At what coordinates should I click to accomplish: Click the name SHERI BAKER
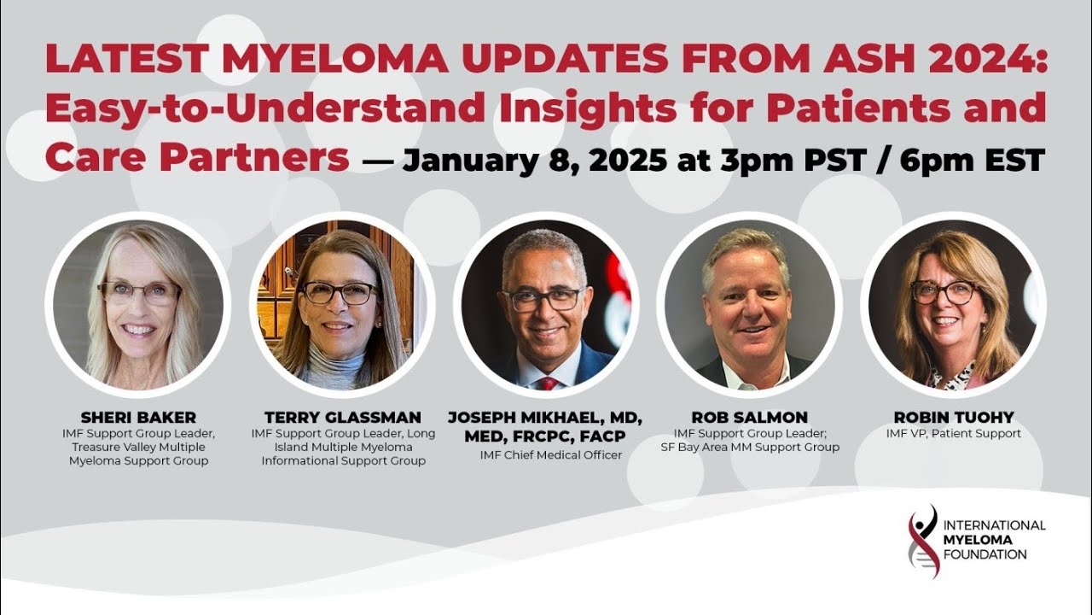coord(138,418)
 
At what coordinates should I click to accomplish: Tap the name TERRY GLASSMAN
coord(343,418)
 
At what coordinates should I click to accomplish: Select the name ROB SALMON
coord(750,418)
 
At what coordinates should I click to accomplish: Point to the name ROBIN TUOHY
coord(954,418)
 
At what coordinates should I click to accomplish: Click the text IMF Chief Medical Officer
coord(551,455)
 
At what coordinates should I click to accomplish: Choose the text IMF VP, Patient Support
coord(954,433)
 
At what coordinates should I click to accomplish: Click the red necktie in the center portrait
coord(548,383)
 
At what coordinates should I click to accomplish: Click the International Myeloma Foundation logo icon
coord(922,541)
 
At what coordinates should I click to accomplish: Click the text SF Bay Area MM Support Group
coord(750,447)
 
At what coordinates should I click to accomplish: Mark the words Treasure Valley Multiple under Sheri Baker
coord(138,447)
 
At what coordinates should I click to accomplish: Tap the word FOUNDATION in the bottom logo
coord(985,554)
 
